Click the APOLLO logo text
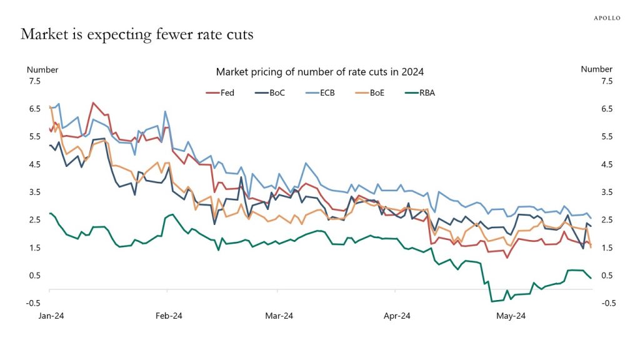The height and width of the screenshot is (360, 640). coord(606,18)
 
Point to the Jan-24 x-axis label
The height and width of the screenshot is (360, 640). coord(49,316)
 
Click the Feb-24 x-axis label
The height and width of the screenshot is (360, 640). coord(167,316)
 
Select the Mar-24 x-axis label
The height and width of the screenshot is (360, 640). coord(279,316)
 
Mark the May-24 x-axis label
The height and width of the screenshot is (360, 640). coord(511,316)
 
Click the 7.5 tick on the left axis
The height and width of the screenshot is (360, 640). coord(34,81)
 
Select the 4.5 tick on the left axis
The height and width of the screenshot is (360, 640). coord(34,164)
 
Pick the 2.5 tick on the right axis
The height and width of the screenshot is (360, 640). coord(606,220)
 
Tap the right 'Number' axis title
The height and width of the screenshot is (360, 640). coord(596,69)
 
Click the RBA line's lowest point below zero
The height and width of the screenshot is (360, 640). coord(492,301)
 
